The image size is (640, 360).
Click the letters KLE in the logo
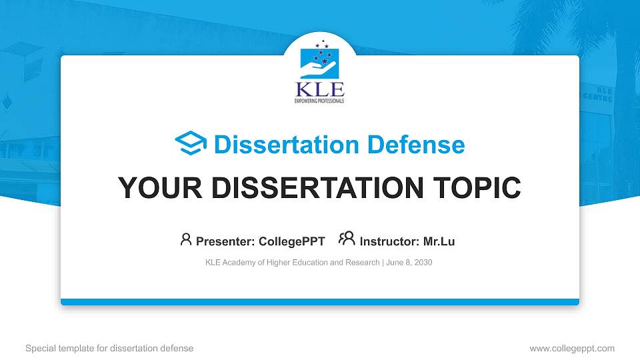click(319, 89)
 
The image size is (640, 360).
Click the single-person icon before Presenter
click(186, 239)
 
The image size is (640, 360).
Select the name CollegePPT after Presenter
click(291, 241)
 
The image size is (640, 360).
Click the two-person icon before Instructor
click(347, 239)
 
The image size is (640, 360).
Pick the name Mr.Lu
click(439, 241)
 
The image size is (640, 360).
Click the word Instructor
click(389, 241)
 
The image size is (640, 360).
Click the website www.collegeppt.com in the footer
click(571, 348)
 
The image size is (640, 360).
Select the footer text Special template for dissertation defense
click(109, 348)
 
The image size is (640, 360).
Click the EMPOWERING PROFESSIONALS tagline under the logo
click(319, 101)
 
